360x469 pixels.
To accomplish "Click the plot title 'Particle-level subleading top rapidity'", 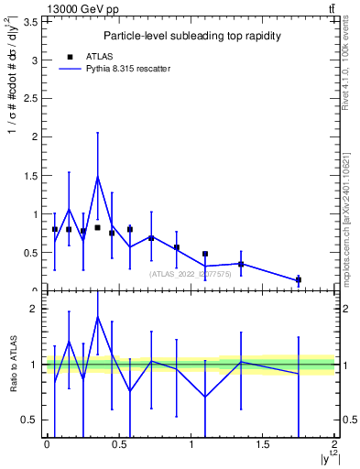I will (x=191, y=36).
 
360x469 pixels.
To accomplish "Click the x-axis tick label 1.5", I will (x=263, y=444).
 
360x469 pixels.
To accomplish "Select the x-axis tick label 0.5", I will (x=118, y=444).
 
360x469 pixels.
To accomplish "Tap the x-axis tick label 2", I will (x=335, y=444).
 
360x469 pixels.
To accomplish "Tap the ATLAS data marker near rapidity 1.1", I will (x=205, y=254).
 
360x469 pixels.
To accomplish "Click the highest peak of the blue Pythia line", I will (x=97, y=177).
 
